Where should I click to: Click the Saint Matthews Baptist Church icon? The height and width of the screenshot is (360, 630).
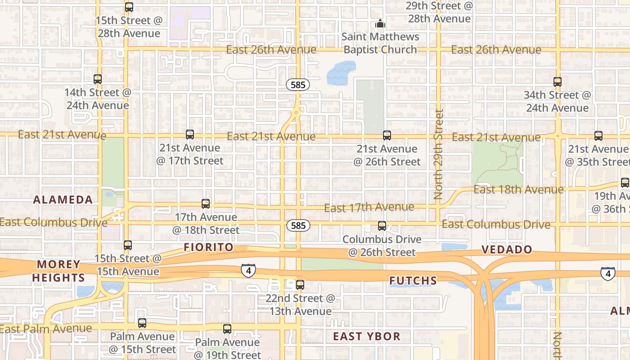pyautogui.click(x=380, y=23)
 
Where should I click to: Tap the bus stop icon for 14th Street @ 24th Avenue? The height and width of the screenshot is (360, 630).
pyautogui.click(x=98, y=79)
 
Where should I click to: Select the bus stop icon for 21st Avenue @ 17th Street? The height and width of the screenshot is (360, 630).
pyautogui.click(x=190, y=135)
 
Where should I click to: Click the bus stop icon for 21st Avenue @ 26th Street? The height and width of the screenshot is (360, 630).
pyautogui.click(x=387, y=135)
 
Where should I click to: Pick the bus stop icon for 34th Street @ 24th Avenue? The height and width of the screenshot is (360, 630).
pyautogui.click(x=558, y=82)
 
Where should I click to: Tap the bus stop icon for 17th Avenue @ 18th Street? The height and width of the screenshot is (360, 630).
pyautogui.click(x=206, y=204)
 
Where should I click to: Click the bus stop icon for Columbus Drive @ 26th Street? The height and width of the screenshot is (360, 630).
pyautogui.click(x=382, y=226)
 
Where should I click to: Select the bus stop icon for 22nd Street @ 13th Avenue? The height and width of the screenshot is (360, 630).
pyautogui.click(x=300, y=285)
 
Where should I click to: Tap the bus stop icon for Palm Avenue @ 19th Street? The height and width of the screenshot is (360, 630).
pyautogui.click(x=227, y=329)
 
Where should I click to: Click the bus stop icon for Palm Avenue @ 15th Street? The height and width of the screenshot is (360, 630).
pyautogui.click(x=142, y=323)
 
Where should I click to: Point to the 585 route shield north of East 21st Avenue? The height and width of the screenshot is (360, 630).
pyautogui.click(x=298, y=85)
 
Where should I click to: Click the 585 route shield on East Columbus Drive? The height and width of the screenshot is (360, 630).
pyautogui.click(x=298, y=225)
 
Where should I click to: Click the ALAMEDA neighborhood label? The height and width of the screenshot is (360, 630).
pyautogui.click(x=63, y=200)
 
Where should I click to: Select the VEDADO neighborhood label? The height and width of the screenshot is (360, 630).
pyautogui.click(x=507, y=249)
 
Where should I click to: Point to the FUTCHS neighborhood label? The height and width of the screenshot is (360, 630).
pyautogui.click(x=413, y=281)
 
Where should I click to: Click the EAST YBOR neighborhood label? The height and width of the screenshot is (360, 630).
pyautogui.click(x=367, y=336)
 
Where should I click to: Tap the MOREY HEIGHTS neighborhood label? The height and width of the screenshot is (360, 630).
pyautogui.click(x=58, y=271)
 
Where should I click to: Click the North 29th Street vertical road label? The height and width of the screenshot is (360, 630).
pyautogui.click(x=439, y=154)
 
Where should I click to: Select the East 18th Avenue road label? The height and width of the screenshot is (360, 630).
pyautogui.click(x=518, y=189)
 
